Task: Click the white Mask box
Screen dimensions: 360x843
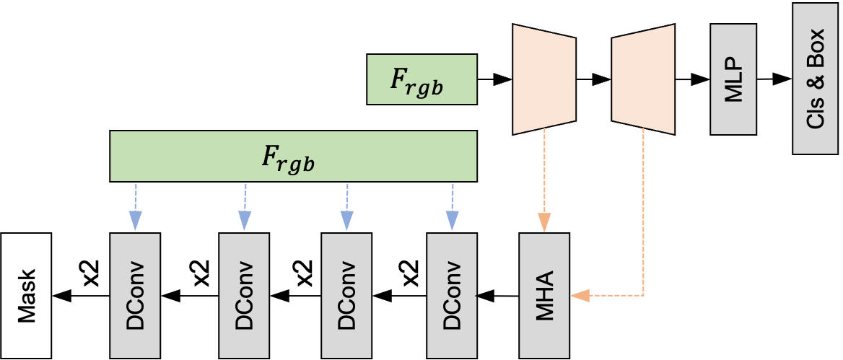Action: click(x=26, y=295)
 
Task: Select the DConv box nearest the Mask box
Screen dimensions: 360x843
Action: click(x=135, y=295)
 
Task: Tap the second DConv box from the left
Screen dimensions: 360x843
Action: click(x=244, y=295)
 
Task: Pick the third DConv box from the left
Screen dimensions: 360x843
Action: click(x=346, y=295)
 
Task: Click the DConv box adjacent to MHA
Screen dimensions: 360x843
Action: click(x=452, y=295)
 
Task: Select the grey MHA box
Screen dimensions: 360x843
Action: click(x=544, y=295)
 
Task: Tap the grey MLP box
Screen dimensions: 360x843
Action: click(x=733, y=79)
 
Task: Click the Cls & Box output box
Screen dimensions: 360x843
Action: click(x=815, y=78)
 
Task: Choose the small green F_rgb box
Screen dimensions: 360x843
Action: click(x=421, y=79)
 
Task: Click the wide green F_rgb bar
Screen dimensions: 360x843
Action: click(x=293, y=156)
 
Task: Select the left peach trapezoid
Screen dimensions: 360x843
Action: click(x=544, y=79)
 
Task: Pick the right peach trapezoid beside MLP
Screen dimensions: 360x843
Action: click(x=643, y=79)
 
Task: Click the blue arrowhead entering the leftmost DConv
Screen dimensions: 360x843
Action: click(x=135, y=220)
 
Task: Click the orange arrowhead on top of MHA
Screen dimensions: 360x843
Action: click(x=544, y=221)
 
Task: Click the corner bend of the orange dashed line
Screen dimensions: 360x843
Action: click(x=643, y=295)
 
